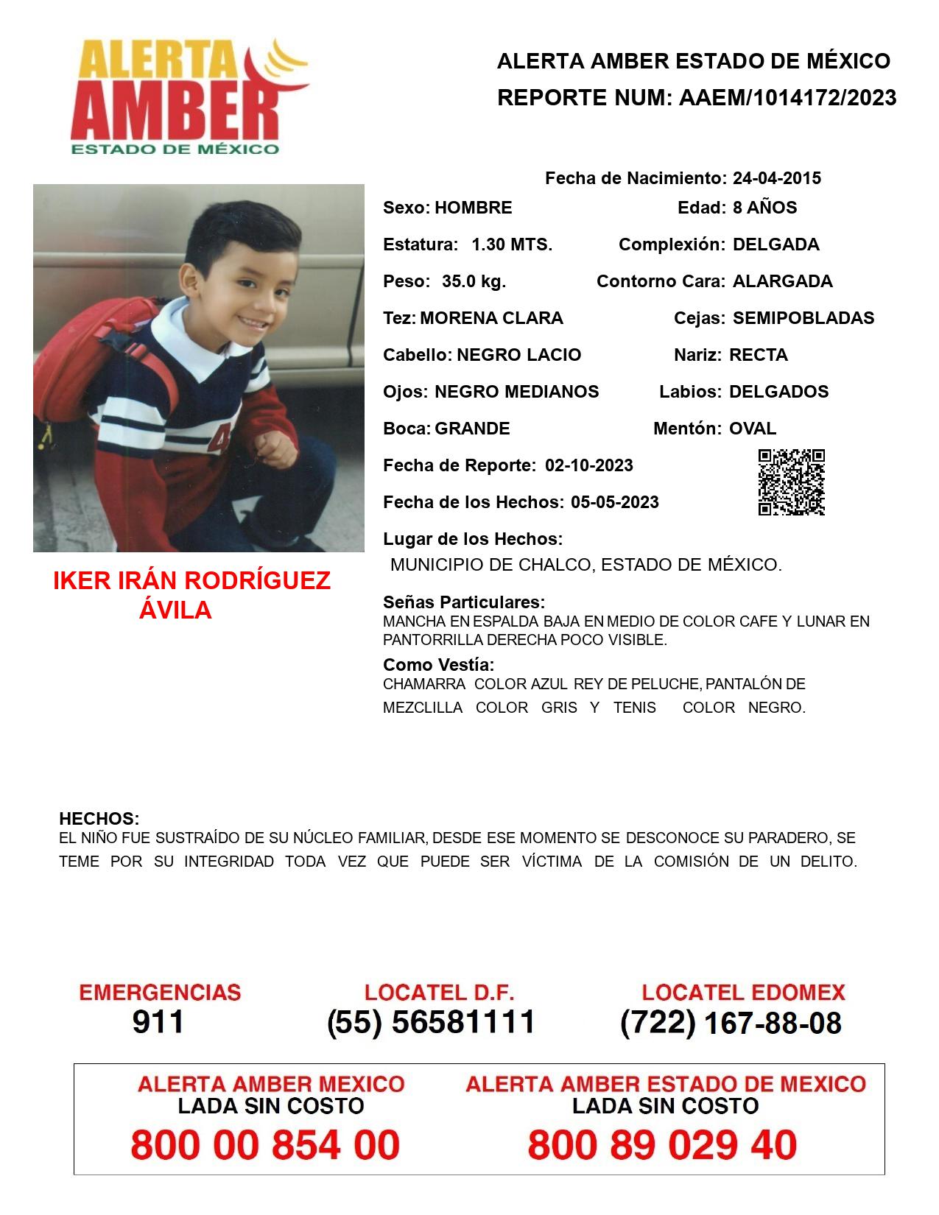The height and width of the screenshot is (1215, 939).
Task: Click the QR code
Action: coord(792,482)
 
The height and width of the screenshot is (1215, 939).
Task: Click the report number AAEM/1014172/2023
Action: coord(787,98)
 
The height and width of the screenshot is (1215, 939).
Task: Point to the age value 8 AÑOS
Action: coord(764,208)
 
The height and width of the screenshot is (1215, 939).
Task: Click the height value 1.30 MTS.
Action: coord(512,244)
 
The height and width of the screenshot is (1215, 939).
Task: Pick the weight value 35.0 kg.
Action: coord(474,281)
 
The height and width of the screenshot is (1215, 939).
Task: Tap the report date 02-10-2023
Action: coord(588,465)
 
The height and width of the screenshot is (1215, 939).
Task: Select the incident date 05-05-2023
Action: coord(614,502)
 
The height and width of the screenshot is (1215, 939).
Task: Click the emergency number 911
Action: coord(158,1022)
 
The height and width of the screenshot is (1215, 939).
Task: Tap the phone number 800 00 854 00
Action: coord(265,1145)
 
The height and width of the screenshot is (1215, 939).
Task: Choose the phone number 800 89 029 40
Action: coord(662,1145)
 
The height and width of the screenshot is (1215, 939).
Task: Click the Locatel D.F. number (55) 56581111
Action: coord(431,1022)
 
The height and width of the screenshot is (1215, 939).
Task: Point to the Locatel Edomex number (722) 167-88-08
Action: coord(731,1023)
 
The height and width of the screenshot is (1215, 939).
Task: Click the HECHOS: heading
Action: coord(99,819)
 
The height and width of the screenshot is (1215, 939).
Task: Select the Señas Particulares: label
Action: coord(464,602)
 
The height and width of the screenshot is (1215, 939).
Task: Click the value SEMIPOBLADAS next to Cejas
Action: coord(803,318)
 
